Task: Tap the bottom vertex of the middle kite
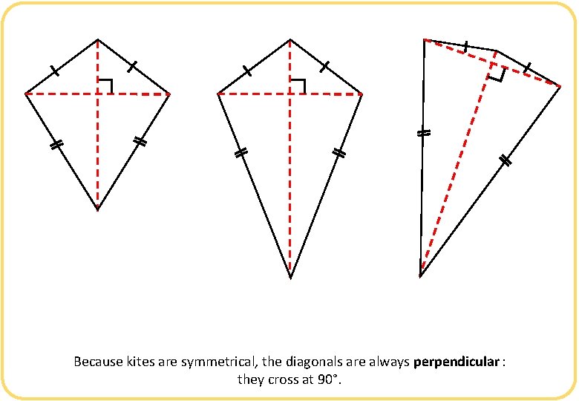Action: pyautogui.click(x=290, y=278)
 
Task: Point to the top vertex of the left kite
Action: pyautogui.click(x=97, y=39)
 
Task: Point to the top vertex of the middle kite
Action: pyautogui.click(x=290, y=39)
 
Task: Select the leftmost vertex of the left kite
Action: pyautogui.click(x=25, y=94)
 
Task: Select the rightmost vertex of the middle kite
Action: pyautogui.click(x=362, y=94)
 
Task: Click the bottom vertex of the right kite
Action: pyautogui.click(x=420, y=276)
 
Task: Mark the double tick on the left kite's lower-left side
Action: pyautogui.click(x=55, y=146)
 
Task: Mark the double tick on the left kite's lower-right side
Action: pyautogui.click(x=140, y=141)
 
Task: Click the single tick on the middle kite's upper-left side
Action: pyautogui.click(x=246, y=71)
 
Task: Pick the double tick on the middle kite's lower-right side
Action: pyautogui.click(x=338, y=153)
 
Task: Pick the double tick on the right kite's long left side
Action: pyautogui.click(x=422, y=134)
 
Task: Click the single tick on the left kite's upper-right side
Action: pyautogui.click(x=131, y=67)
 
